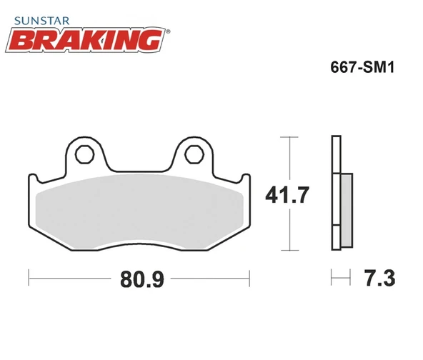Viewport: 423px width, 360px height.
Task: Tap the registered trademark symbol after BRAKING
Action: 167,31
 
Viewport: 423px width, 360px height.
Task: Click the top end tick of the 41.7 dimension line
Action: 288,136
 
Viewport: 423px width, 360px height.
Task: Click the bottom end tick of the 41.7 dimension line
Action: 288,251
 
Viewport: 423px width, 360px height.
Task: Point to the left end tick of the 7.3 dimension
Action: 332,276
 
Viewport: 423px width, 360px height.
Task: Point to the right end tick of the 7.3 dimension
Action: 351,276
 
